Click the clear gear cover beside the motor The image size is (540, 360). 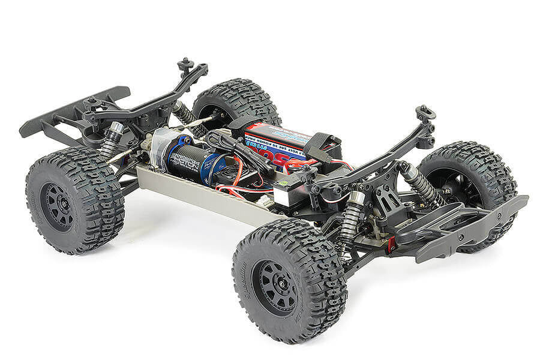pyautogui.click(x=160, y=148)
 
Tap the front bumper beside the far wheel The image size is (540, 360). pyautogui.click(x=468, y=225)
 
